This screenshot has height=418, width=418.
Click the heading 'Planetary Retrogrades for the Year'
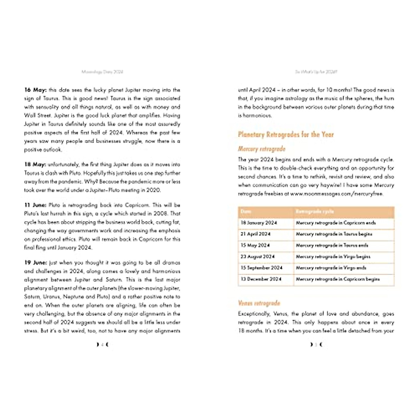[x=286, y=134]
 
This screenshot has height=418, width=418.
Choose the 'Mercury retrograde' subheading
[x=262, y=149]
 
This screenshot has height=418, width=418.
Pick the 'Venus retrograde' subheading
[x=259, y=303]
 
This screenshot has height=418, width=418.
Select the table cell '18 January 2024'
[x=259, y=223]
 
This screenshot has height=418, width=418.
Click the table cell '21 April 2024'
[x=255, y=234]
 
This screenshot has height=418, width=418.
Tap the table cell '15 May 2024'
[x=255, y=245]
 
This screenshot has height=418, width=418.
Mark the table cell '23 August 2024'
[x=257, y=257]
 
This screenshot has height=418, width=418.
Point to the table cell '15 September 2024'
[x=261, y=268]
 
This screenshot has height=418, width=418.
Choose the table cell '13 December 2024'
[x=261, y=279]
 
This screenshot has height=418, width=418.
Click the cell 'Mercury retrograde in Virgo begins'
[x=333, y=257]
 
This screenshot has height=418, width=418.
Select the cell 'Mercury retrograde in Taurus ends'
[x=332, y=245]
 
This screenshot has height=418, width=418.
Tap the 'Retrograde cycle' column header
[x=315, y=211]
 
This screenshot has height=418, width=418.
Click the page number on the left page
[x=102, y=345]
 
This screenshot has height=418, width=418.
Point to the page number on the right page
[x=316, y=345]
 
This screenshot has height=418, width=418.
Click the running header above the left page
[x=102, y=72]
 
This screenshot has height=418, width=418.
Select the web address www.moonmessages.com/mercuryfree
[x=336, y=194]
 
